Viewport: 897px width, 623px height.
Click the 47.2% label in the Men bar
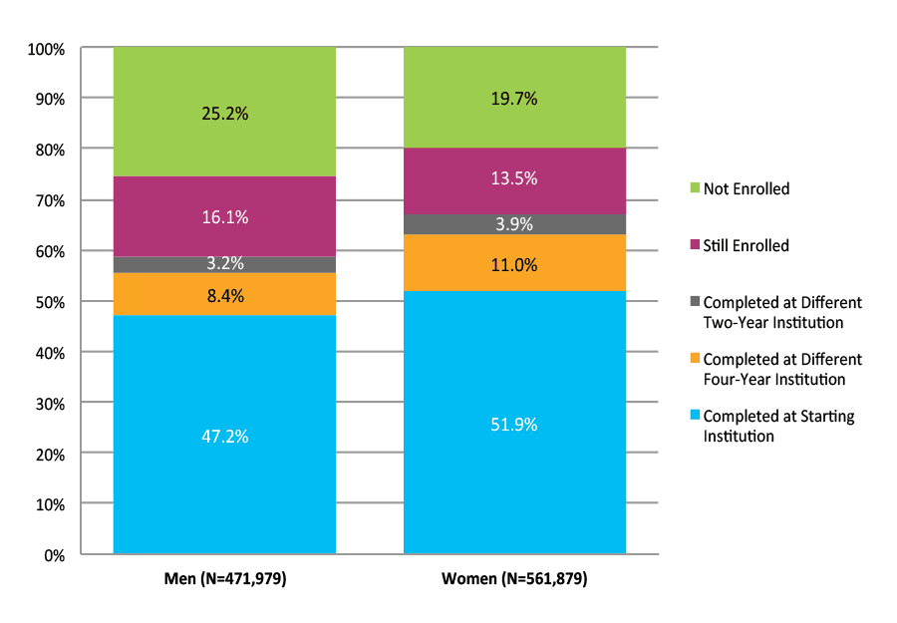(x=224, y=437)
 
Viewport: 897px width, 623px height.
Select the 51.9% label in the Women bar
(x=514, y=425)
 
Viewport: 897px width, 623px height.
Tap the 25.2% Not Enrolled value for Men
(x=224, y=114)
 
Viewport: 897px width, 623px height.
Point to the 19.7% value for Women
(x=514, y=99)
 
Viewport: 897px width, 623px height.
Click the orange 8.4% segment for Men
(x=224, y=295)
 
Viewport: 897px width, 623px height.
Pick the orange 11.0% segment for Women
(x=514, y=265)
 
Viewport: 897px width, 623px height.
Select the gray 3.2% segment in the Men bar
(x=224, y=264)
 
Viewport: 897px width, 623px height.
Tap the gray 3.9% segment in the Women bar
(x=514, y=224)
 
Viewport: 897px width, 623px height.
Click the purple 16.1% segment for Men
(x=224, y=216)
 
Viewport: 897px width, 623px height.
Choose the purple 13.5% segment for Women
(x=514, y=178)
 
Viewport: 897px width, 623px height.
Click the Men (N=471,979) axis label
(x=224, y=579)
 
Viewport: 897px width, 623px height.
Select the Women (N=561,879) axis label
(x=514, y=579)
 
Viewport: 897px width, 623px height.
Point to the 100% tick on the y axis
(x=47, y=48)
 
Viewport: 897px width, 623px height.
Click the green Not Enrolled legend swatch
(x=694, y=188)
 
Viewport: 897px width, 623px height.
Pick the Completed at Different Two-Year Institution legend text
(x=781, y=312)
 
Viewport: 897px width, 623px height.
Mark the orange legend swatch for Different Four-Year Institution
(x=694, y=360)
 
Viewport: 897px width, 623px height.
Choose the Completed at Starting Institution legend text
(x=777, y=426)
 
